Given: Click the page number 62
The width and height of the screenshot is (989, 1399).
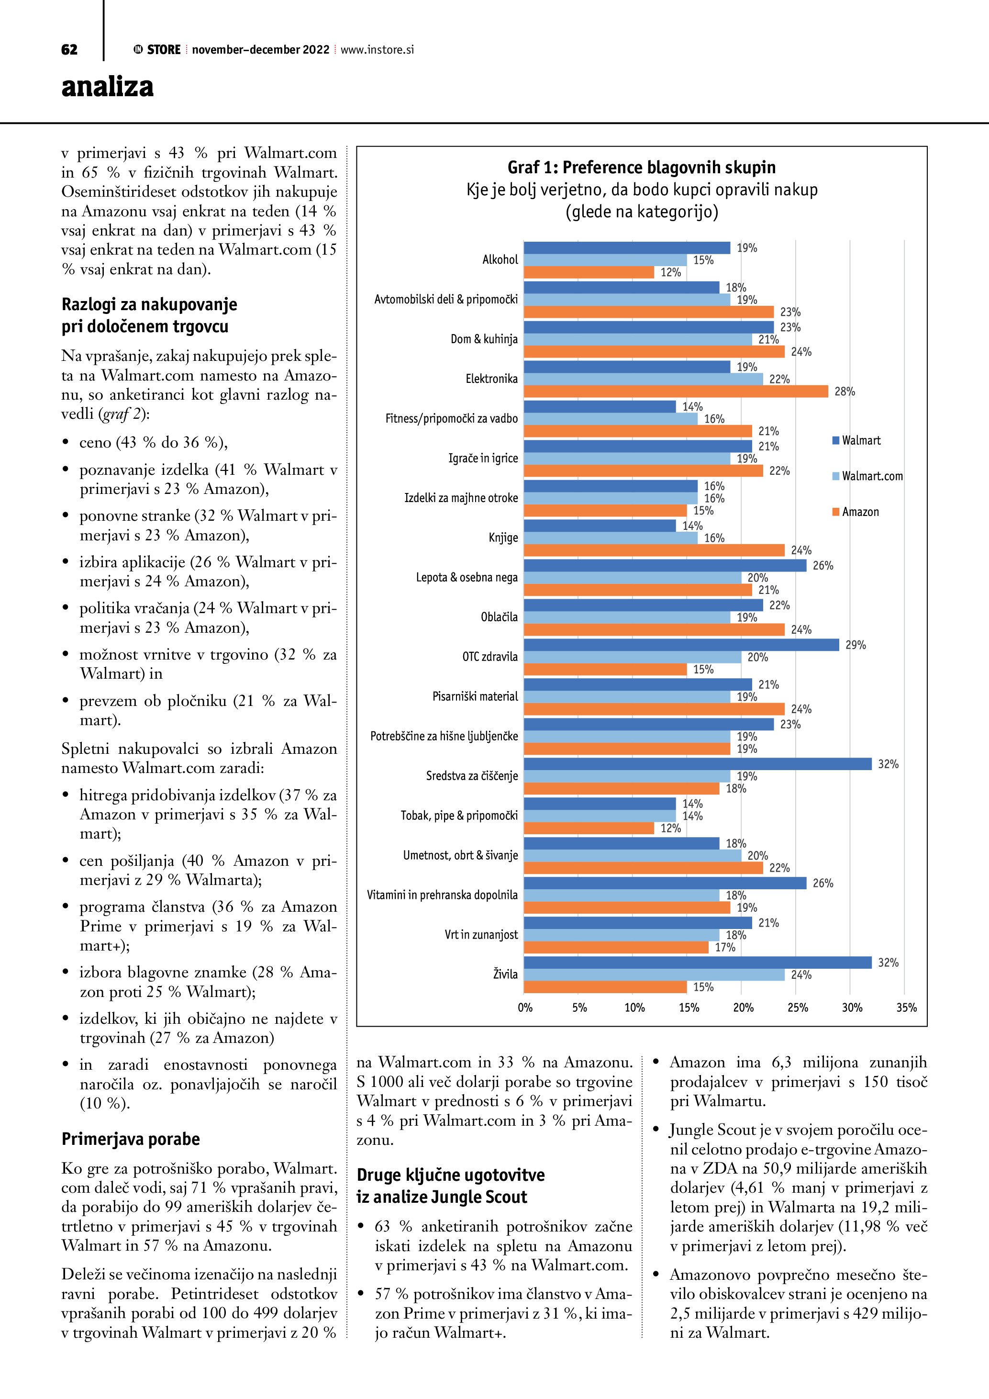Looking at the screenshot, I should [69, 50].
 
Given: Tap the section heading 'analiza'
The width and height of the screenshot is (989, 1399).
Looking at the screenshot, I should [107, 87].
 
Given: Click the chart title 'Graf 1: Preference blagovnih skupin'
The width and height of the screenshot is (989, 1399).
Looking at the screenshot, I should [641, 168].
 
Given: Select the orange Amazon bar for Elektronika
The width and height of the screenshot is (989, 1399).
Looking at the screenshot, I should [676, 391].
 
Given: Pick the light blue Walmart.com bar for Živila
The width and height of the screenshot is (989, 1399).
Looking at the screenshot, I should [654, 974].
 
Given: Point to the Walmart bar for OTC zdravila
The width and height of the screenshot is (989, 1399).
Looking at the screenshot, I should [681, 645].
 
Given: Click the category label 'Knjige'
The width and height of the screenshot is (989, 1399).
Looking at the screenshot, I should [503, 537].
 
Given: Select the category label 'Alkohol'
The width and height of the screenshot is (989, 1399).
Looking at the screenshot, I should [500, 259].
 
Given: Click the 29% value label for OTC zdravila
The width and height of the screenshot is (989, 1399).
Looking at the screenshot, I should [855, 645].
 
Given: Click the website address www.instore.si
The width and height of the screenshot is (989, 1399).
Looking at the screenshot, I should [377, 50].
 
